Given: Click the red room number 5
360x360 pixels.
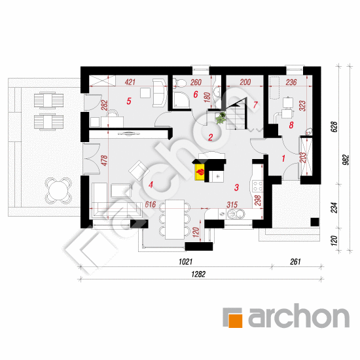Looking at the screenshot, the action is click(x=129, y=101).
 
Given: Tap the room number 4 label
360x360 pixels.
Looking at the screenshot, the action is click(x=151, y=185).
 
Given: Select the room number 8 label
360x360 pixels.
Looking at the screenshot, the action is click(x=291, y=125).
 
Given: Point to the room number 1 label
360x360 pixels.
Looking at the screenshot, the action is click(x=283, y=158).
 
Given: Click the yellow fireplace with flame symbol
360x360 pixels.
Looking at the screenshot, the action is click(x=200, y=172).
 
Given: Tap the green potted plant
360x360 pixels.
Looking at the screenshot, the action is click(x=221, y=118).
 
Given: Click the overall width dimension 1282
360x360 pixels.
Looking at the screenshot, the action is click(x=198, y=274).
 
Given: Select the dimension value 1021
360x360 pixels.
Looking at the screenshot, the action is click(x=185, y=262).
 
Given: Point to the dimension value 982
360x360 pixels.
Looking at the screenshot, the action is click(x=346, y=160).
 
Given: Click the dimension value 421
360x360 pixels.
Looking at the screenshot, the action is click(x=130, y=82).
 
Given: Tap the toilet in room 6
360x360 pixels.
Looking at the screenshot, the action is click(x=180, y=83).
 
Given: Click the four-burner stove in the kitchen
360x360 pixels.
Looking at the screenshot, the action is click(x=257, y=186).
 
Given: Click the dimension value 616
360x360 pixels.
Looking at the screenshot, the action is click(x=151, y=205).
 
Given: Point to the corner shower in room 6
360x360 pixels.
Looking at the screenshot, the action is click(x=181, y=100).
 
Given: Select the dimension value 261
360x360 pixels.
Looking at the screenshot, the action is click(x=295, y=262).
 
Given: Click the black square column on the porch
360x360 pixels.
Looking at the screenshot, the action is click(x=315, y=222).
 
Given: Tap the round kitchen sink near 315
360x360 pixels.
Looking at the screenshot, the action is click(x=232, y=214).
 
